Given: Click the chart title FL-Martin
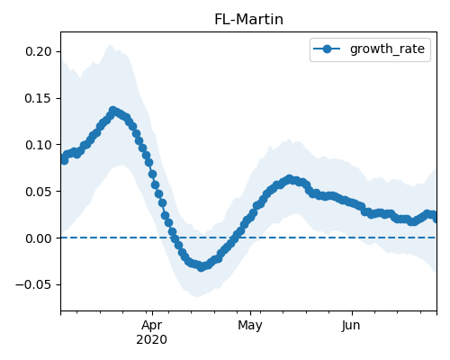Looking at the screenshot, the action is coord(248,20).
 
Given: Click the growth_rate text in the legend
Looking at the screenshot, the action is coord(387,49).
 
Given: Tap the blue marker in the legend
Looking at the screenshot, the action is coord(327,49).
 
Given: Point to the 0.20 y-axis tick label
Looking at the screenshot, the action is coord(39,51).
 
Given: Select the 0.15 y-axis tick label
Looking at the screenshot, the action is coord(39,98).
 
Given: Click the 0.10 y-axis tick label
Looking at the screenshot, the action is coord(39,145).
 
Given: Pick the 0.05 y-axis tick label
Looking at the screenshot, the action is coord(39,192).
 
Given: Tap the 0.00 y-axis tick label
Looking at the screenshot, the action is coord(39,238).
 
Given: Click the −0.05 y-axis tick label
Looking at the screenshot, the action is coord(33,284).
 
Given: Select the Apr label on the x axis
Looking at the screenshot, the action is coord(152,326).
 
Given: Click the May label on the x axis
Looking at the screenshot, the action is coord(250,326).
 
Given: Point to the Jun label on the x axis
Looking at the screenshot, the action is coord(351,326).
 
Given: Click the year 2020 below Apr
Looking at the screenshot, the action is coord(152,340).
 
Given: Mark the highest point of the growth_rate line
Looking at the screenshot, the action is coord(113,111).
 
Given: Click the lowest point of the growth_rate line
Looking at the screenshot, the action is coord(202,267).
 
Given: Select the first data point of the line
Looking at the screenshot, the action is coord(64,159).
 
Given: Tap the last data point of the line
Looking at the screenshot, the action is coord(435,218).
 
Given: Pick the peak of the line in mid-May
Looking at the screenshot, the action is coord(289,179).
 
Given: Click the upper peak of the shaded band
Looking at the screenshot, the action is coord(110,45).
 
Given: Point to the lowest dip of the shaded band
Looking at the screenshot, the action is coord(197,297).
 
